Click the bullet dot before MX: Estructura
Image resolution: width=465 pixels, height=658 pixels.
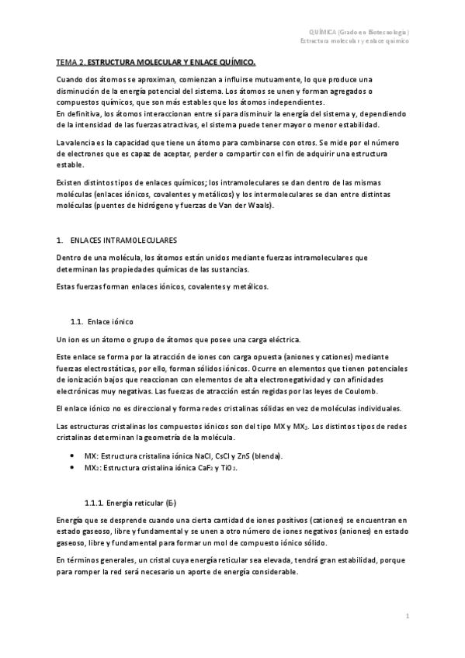72,455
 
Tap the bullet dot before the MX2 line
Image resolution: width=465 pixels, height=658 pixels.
72,469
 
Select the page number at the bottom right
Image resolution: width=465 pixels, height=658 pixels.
408,615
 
